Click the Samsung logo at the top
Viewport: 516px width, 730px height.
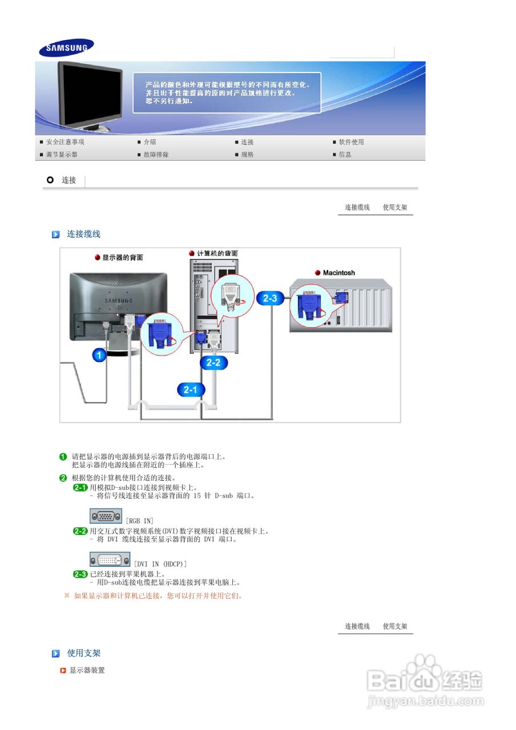(x=66, y=48)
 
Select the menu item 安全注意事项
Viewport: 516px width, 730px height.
(x=65, y=142)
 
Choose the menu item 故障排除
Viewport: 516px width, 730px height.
(x=156, y=155)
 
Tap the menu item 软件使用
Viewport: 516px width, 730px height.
(x=351, y=142)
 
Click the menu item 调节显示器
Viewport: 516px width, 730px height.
(x=62, y=155)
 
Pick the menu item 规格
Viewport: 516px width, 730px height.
(x=247, y=155)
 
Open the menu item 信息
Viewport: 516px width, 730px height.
(x=345, y=155)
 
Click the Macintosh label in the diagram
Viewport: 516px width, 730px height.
(x=338, y=273)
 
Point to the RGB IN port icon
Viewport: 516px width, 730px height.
(x=106, y=516)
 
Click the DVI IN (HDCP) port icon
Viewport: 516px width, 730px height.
(x=110, y=559)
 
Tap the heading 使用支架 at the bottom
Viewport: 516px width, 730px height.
(x=84, y=653)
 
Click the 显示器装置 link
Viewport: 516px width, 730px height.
(x=87, y=670)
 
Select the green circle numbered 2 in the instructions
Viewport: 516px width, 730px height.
(x=63, y=478)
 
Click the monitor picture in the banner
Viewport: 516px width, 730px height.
(x=91, y=95)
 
